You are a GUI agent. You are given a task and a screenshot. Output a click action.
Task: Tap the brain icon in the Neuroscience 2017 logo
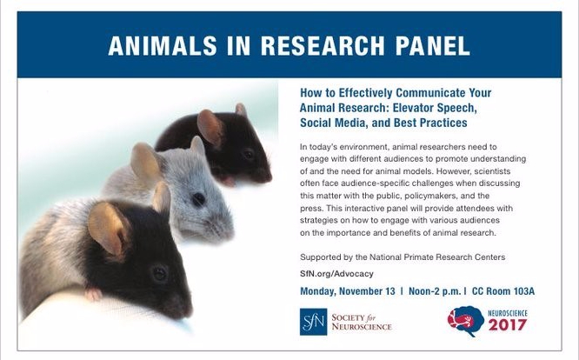pos(463,321)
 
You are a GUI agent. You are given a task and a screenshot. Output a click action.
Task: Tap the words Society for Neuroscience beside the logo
pos(362,322)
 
